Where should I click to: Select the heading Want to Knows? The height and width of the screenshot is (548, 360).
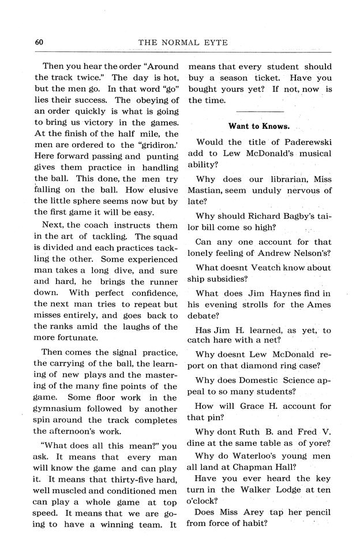tap(259, 126)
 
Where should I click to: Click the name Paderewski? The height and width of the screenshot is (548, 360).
tap(297, 142)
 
